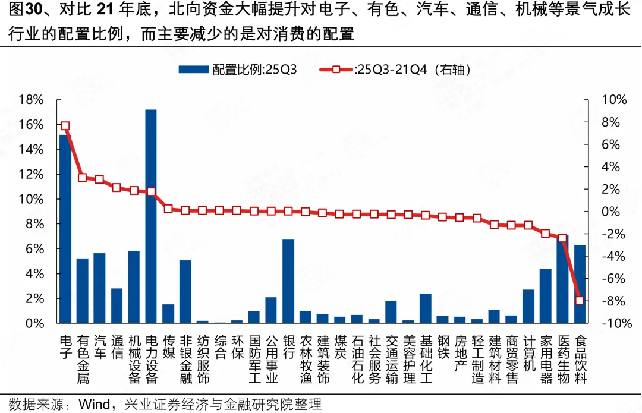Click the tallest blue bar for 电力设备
151,216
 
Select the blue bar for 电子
65,229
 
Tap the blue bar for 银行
288,281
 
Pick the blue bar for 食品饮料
580,284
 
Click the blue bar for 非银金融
185,291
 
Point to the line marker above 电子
65,126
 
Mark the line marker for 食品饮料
580,300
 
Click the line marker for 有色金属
82,178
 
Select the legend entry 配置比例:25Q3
238,70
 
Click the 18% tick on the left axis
31,100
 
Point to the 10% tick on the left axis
31,199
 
